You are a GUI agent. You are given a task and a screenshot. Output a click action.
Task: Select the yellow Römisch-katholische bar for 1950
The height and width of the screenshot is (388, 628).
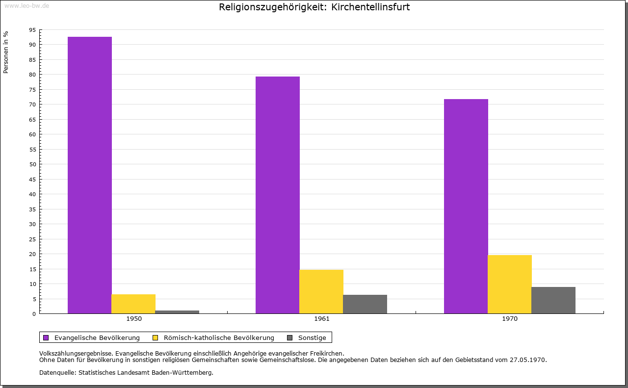(x=133, y=304)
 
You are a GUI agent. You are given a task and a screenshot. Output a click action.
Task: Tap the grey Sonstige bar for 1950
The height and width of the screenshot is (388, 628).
(x=177, y=312)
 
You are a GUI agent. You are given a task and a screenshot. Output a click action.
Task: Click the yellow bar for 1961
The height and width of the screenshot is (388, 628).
(x=321, y=291)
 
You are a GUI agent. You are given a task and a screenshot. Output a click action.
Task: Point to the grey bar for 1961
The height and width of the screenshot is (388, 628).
(x=365, y=304)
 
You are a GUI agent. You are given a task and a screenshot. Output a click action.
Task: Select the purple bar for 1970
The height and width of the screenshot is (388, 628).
(x=466, y=206)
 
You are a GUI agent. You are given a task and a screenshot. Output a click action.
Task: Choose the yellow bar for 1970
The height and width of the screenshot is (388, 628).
(x=510, y=284)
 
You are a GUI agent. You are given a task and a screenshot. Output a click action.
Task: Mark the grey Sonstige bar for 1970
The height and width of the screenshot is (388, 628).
(x=553, y=300)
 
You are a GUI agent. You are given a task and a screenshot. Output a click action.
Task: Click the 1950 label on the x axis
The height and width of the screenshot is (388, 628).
(x=134, y=319)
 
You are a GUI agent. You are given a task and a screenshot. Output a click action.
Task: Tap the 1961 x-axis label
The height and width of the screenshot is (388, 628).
(x=322, y=319)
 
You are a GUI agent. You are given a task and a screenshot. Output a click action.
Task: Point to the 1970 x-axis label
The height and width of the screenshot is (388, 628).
(x=510, y=319)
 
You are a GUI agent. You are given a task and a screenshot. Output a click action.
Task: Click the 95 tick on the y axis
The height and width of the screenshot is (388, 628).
(x=32, y=30)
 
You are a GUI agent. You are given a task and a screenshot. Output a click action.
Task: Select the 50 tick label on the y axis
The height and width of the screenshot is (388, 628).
(x=32, y=164)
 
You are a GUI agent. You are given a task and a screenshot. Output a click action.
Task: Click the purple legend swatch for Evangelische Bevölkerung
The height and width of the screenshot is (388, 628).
(x=46, y=337)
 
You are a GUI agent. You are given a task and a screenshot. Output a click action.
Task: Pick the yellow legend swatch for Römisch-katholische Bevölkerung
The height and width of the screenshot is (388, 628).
(x=156, y=337)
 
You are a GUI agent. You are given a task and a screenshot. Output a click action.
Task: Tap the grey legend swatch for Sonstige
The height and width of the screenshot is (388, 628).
(x=290, y=337)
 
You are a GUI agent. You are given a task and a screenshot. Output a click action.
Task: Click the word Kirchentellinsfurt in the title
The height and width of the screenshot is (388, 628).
(x=370, y=7)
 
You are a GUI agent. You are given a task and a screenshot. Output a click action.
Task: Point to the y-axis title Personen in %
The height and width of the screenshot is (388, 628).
(x=6, y=52)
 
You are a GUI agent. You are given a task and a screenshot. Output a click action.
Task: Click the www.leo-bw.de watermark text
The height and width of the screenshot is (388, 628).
(x=26, y=5)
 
